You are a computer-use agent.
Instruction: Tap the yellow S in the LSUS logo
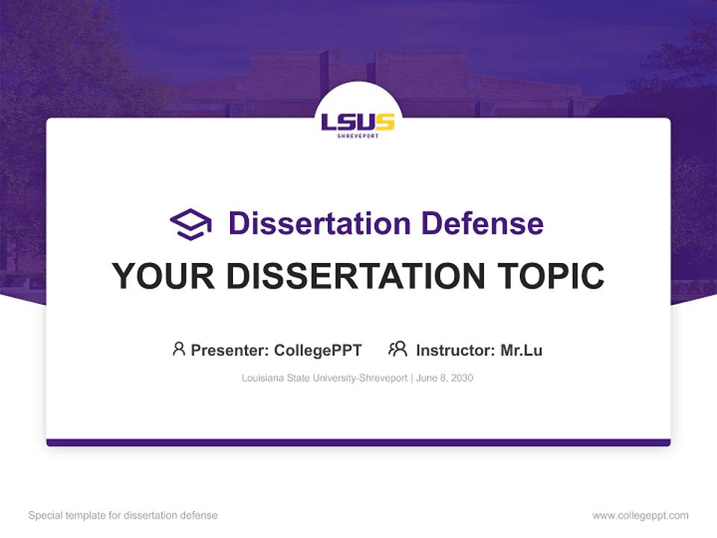tap(385, 121)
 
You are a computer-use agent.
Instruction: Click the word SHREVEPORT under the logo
tap(358, 136)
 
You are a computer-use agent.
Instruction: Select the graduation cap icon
tap(190, 224)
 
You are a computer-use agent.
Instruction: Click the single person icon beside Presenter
tap(179, 349)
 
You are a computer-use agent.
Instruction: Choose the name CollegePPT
tap(318, 350)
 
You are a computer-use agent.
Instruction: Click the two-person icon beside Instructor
tap(398, 349)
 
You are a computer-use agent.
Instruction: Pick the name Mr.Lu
tap(521, 350)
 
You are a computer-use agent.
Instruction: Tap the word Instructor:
tap(456, 350)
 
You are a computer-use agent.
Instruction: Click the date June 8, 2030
tap(444, 378)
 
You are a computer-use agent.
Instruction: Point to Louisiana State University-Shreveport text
tap(323, 378)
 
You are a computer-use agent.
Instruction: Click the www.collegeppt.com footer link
tap(640, 516)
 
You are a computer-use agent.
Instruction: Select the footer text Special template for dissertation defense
tap(122, 516)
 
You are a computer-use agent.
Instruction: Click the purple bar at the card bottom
tap(358, 442)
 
